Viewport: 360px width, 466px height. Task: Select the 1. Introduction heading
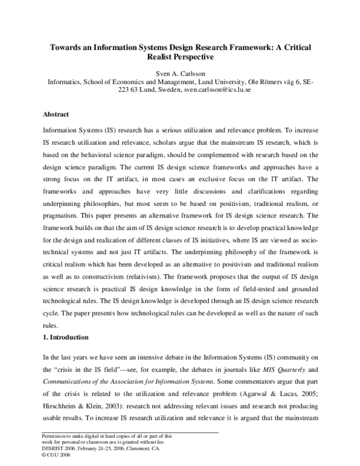65,337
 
